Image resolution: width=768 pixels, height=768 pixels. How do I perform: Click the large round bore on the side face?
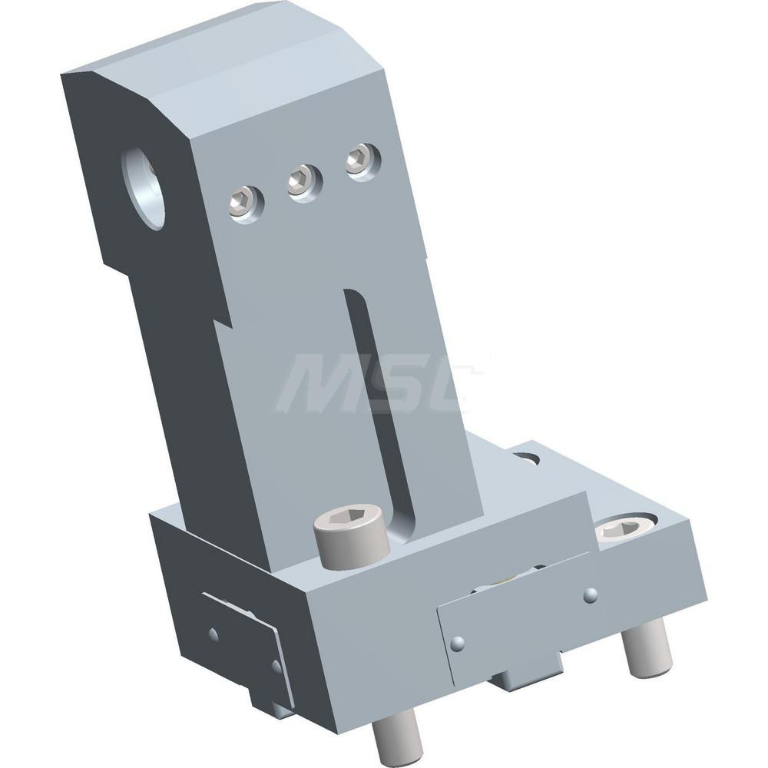144,188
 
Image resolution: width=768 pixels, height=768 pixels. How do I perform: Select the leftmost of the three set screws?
245,203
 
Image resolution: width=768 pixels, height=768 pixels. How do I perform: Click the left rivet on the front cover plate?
458,644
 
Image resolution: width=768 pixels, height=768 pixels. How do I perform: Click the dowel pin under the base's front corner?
397,736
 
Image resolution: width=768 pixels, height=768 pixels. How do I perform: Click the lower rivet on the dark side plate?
275,665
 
